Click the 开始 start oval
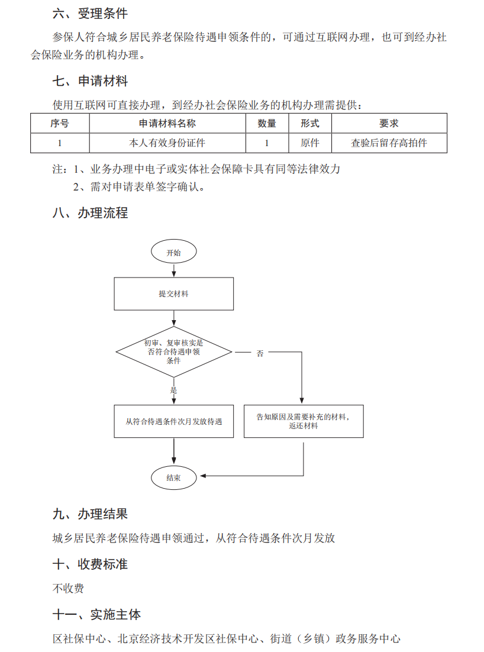tap(173, 251)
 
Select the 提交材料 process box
tap(174, 294)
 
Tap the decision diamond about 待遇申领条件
tap(174, 352)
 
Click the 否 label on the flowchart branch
tap(260, 353)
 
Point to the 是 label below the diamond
tap(173, 390)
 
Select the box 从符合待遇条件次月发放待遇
tap(174, 421)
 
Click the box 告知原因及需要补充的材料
tap(304, 421)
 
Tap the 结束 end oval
tap(173, 477)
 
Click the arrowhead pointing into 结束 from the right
tap(204, 476)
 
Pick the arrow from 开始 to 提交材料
tap(174, 270)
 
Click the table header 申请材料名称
tap(167, 124)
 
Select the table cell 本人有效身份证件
tap(167, 143)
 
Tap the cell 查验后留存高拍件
tap(389, 143)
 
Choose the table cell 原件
tap(310, 143)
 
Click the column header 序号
tap(59, 124)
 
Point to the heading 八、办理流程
tap(90, 213)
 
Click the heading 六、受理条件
tap(90, 14)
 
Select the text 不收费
tap(68, 588)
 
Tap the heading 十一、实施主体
tap(96, 614)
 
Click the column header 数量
tap(267, 124)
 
